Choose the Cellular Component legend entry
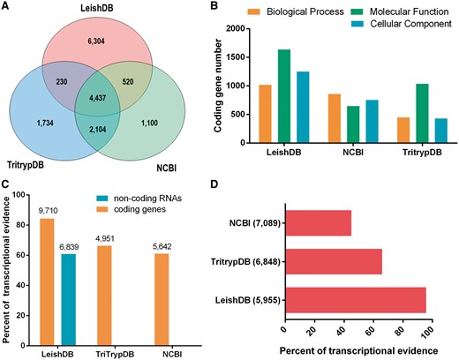click(x=408, y=23)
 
